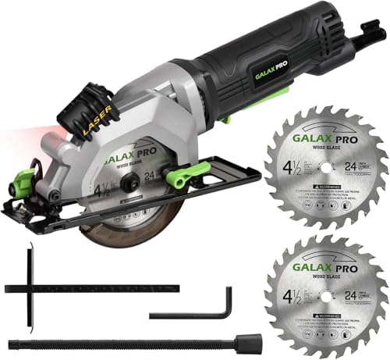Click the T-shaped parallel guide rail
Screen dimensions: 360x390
pyautogui.click(x=78, y=287)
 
